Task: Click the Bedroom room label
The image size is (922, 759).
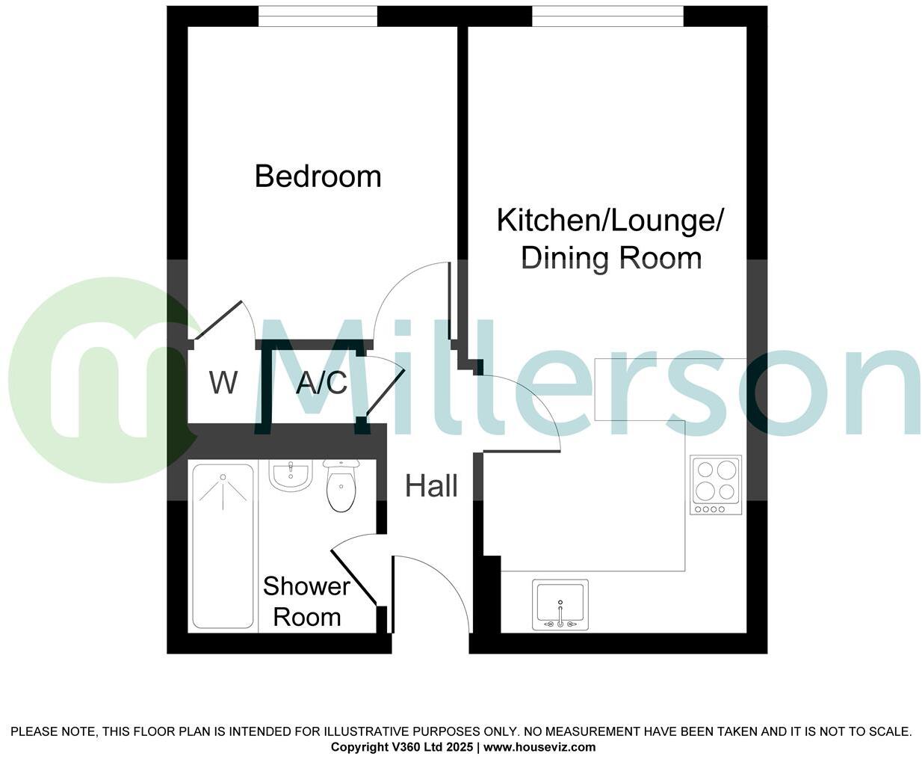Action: point(318,176)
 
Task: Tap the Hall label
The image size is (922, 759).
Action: point(431,486)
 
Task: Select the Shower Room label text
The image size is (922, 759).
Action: point(306,601)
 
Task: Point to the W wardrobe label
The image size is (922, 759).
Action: point(223,383)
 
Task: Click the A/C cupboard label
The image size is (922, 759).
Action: point(321,383)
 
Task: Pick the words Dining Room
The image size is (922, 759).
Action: point(610,259)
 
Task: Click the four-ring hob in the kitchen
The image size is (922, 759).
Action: point(716,484)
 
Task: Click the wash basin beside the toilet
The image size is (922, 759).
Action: point(289,476)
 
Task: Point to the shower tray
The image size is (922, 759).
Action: point(223,546)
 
